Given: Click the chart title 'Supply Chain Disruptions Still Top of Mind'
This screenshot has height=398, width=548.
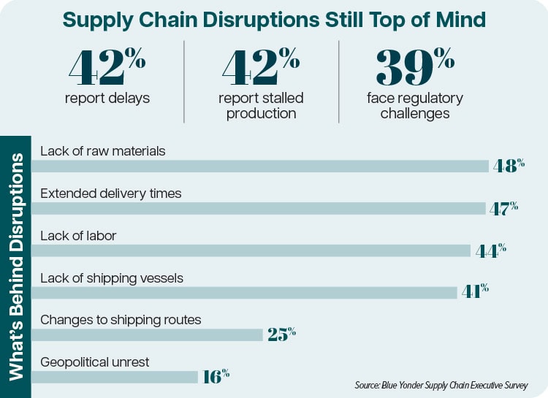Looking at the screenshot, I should (274, 20).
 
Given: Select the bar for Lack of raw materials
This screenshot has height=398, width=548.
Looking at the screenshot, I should (259, 166).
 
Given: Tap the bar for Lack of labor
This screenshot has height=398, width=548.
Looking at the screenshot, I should (251, 250).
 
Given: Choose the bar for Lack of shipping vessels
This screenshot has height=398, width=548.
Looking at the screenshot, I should (244, 292).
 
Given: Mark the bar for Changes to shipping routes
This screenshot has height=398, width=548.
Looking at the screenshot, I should (146, 334).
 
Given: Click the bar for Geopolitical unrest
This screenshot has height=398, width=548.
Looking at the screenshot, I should (114, 377).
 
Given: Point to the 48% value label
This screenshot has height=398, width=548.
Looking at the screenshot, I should (509, 165).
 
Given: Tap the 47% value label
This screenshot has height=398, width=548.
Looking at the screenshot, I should (503, 207).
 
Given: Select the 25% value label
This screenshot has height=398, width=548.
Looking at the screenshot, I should (281, 334).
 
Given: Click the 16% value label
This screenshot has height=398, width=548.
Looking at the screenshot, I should (216, 376).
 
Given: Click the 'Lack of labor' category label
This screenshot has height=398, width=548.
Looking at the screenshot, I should (78, 235).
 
